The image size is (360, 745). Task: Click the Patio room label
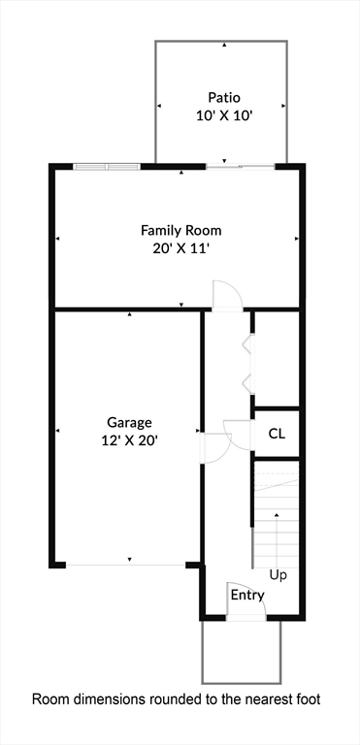(223, 97)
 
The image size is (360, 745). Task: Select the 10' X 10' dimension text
(223, 113)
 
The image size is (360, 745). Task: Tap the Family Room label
(180, 231)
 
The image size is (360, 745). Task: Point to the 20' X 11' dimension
(180, 247)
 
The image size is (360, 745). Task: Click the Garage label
(129, 423)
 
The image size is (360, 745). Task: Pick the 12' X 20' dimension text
(129, 439)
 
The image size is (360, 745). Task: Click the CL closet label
(277, 434)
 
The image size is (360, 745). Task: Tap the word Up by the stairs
(278, 575)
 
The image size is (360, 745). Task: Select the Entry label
(246, 595)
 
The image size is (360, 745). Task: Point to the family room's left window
(107, 167)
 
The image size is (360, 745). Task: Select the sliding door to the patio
(241, 167)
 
